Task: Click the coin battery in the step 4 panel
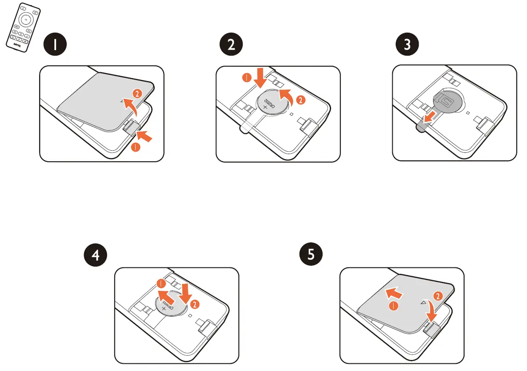[x=170, y=306]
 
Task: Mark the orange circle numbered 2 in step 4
[x=195, y=304]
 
